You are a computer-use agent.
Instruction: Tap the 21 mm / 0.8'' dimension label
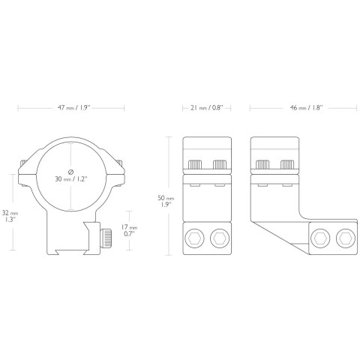pyautogui.click(x=207, y=108)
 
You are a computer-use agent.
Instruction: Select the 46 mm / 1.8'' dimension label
pyautogui.click(x=306, y=108)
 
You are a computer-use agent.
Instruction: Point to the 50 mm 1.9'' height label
pyautogui.click(x=166, y=201)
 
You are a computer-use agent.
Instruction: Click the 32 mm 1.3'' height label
pyautogui.click(x=10, y=216)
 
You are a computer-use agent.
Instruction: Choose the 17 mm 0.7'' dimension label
pyautogui.click(x=129, y=230)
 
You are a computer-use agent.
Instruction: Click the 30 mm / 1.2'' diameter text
pyautogui.click(x=71, y=179)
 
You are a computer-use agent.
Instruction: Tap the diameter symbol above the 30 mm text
pyautogui.click(x=70, y=172)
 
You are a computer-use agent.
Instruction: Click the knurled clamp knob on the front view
pyautogui.click(x=106, y=238)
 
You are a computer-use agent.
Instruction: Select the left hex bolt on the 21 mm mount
pyautogui.click(x=195, y=238)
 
